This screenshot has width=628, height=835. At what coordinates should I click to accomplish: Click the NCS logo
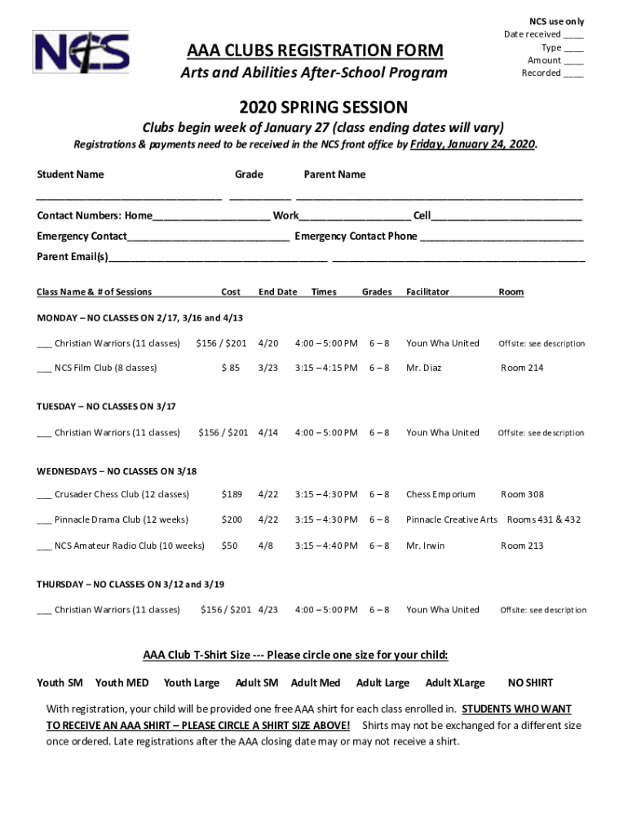(x=81, y=51)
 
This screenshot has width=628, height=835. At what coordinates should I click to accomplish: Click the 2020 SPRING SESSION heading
(x=323, y=107)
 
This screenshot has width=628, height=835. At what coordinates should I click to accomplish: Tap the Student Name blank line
(x=129, y=196)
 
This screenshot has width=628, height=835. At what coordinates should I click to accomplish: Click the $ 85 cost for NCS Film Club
(x=231, y=368)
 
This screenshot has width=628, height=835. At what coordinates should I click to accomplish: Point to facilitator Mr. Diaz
(x=423, y=368)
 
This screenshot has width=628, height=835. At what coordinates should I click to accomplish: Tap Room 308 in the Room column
(x=522, y=494)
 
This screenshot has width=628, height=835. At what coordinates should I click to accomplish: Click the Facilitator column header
(x=427, y=292)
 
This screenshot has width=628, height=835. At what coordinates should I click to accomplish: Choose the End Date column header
(x=277, y=292)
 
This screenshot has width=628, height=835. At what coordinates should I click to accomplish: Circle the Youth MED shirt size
(x=122, y=683)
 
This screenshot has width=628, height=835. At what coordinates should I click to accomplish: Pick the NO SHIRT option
(x=530, y=683)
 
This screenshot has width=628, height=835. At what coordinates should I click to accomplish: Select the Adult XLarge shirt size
(x=455, y=683)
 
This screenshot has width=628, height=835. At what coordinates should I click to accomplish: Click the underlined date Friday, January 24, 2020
(x=473, y=144)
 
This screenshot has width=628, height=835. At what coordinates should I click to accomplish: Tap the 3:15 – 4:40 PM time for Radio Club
(x=326, y=546)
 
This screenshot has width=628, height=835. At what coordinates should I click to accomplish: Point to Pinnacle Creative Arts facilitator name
(x=451, y=519)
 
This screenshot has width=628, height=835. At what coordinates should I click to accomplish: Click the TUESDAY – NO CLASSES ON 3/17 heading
(x=106, y=406)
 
